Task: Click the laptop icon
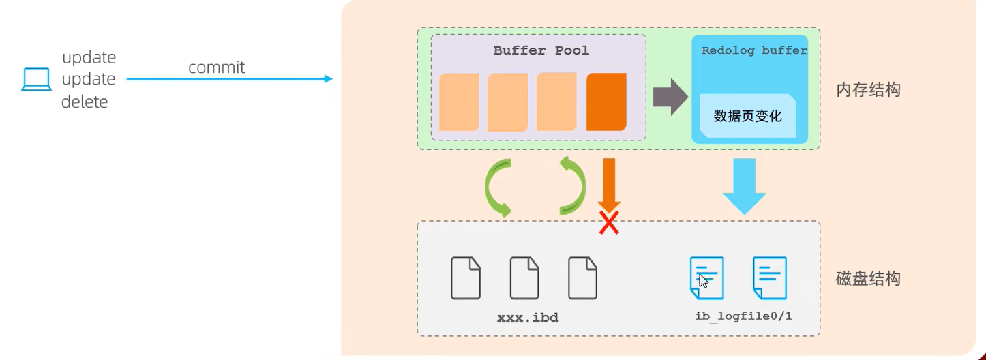click(x=36, y=80)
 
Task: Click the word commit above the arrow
click(x=216, y=67)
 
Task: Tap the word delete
click(x=85, y=102)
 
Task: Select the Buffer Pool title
click(x=541, y=50)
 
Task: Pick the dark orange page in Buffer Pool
click(x=606, y=102)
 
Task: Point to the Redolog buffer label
click(x=753, y=50)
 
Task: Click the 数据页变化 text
click(x=747, y=116)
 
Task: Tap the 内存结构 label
click(x=867, y=90)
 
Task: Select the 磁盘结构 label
click(x=867, y=278)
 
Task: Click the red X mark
click(x=609, y=222)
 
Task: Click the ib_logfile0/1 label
click(x=743, y=316)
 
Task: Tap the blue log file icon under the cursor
click(x=706, y=278)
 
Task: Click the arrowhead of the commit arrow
click(x=328, y=79)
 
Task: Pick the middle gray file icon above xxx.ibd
click(x=524, y=278)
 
